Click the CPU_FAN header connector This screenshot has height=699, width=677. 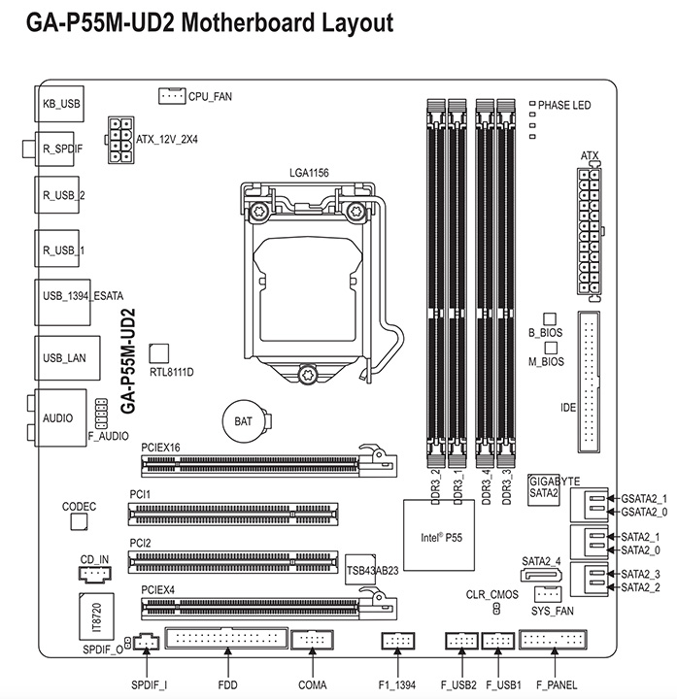[172, 96]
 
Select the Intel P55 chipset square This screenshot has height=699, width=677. [439, 535]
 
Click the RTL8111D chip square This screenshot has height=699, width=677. [158, 353]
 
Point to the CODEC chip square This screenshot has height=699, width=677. [79, 521]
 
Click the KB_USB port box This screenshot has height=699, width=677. [59, 104]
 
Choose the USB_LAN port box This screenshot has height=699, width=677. [67, 358]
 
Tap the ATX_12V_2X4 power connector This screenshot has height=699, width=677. [120, 140]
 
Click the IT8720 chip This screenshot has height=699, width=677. [96, 616]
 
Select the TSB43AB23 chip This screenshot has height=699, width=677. [360, 570]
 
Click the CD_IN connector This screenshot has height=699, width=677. [95, 575]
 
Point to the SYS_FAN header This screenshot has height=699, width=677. [548, 594]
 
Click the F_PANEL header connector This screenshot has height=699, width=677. [553, 640]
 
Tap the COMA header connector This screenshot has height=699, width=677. [313, 640]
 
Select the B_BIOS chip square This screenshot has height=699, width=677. [550, 318]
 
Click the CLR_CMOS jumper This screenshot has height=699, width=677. [496, 609]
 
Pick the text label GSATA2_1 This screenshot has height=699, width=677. [644, 498]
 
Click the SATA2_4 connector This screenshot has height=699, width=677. [541, 575]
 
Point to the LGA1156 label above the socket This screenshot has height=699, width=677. [309, 173]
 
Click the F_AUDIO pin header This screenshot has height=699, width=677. [101, 414]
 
